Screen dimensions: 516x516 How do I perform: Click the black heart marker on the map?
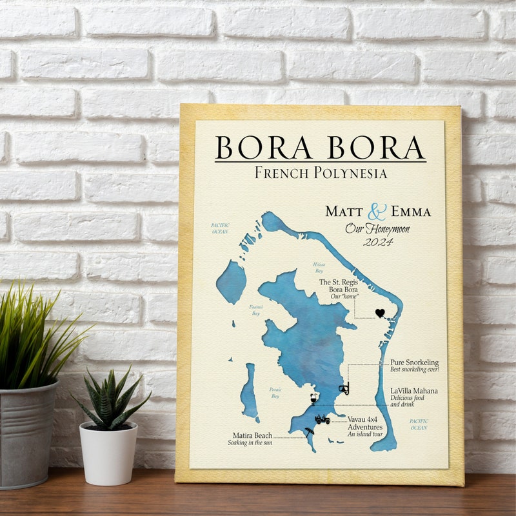coord(380,313)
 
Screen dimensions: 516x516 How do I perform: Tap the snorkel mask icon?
coord(344,390)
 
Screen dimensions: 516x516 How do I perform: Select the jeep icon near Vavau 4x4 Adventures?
coord(322,420)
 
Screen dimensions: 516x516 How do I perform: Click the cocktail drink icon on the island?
coord(313,399)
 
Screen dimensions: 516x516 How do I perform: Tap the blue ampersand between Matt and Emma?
coord(377,212)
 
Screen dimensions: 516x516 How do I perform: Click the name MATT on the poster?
coord(344,212)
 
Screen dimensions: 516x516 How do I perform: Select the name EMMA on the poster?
coord(409,212)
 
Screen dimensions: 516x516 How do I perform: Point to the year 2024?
coord(377,243)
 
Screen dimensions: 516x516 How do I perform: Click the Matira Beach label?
coord(252,435)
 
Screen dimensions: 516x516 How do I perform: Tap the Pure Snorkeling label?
coord(415,362)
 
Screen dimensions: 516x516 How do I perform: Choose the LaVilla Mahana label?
coord(414,391)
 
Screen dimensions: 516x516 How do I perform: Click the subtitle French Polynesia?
coord(321,173)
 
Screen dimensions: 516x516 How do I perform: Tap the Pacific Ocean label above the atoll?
coord(220,228)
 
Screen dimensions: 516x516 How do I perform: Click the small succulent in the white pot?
coord(109,400)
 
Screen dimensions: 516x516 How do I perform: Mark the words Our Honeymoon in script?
coord(377,228)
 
